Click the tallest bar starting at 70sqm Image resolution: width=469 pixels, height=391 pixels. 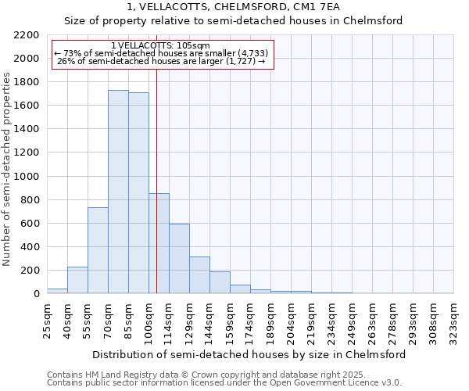pyautogui.click(x=118, y=192)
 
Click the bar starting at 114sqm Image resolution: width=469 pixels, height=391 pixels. pyautogui.click(x=179, y=259)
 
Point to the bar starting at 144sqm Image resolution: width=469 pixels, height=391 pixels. pyautogui.click(x=220, y=282)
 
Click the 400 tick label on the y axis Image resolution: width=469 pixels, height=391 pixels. pyautogui.click(x=30, y=247)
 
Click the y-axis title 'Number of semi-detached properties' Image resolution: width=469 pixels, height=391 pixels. pyautogui.click(x=8, y=169)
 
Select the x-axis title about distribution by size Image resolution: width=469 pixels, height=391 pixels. pyautogui.click(x=249, y=354)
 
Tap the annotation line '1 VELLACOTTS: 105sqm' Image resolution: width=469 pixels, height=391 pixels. pyautogui.click(x=160, y=46)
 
